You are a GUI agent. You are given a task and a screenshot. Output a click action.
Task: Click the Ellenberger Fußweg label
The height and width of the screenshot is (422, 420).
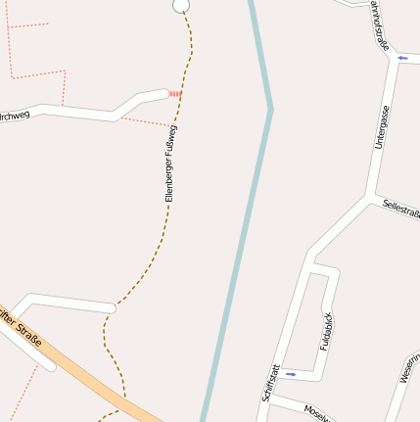170,164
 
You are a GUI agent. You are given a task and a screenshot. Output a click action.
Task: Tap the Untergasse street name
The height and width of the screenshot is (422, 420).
381,127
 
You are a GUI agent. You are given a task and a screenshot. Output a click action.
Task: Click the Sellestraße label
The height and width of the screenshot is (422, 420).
401,209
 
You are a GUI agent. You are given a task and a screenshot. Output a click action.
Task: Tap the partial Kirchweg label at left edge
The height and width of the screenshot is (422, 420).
14,116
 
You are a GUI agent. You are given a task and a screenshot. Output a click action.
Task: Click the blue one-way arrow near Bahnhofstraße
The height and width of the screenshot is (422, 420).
402,59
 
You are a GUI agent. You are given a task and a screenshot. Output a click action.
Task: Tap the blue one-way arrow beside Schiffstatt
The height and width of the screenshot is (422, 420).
291,374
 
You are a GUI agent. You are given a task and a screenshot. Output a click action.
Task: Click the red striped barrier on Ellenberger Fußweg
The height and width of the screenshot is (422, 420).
174,94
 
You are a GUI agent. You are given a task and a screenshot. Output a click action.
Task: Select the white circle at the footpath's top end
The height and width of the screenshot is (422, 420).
180,6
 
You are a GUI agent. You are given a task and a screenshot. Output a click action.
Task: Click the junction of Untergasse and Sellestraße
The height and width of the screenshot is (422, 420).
370,197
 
